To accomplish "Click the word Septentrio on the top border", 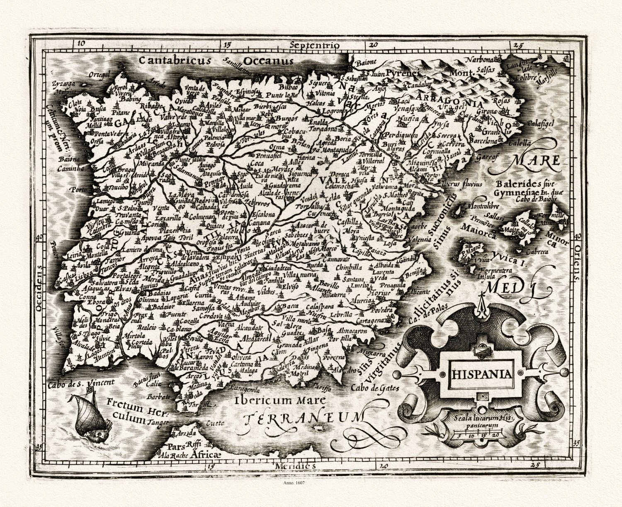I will [x=315, y=45].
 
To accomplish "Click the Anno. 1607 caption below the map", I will [x=296, y=483].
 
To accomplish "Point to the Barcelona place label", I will [x=484, y=141].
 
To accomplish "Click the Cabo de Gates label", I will [x=374, y=388].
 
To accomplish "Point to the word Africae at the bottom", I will [x=204, y=455].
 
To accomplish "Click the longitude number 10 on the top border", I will [x=80, y=42].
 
